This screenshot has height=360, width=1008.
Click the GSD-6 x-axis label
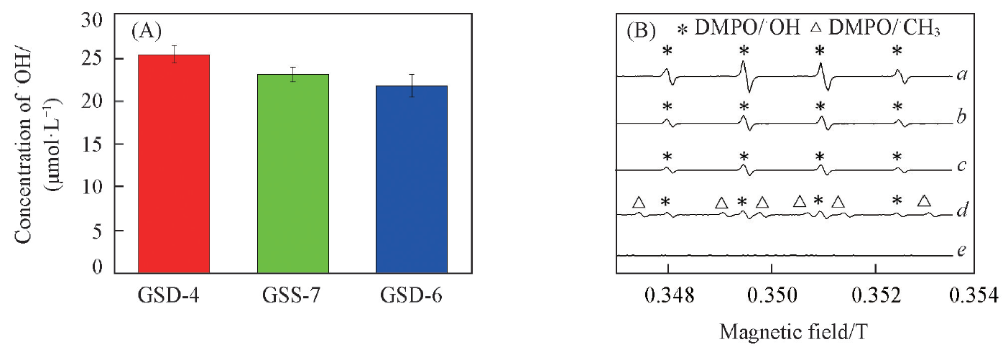click(x=412, y=295)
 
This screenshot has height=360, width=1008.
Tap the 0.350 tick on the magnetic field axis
click(x=772, y=295)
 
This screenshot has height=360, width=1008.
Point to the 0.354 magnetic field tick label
click(x=979, y=295)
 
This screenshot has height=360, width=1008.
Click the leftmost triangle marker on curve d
click(x=638, y=203)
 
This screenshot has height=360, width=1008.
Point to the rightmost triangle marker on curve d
click(x=925, y=200)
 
